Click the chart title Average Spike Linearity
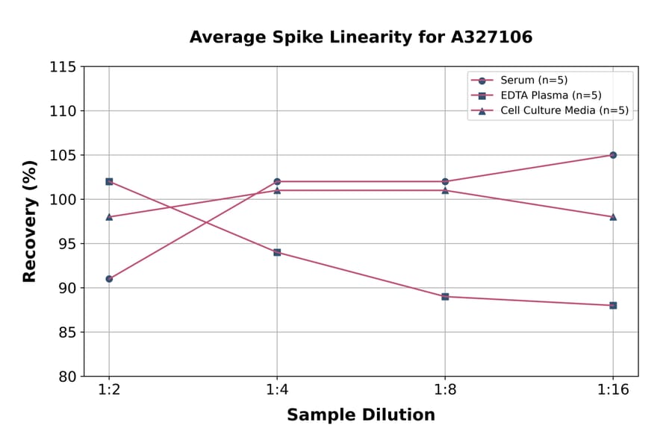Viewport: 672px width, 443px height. pyautogui.click(x=361, y=37)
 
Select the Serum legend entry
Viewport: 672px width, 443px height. pyautogui.click(x=529, y=81)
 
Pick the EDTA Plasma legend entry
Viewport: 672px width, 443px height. pyautogui.click(x=540, y=95)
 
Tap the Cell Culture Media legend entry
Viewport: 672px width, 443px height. pyautogui.click(x=553, y=111)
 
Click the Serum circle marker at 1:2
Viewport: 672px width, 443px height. pyautogui.click(x=109, y=279)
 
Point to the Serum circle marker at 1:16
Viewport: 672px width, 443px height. pyautogui.click(x=613, y=155)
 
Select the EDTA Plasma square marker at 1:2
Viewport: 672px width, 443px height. pyautogui.click(x=109, y=181)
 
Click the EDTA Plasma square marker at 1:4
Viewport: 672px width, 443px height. pyautogui.click(x=277, y=252)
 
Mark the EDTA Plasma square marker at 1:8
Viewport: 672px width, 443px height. pyautogui.click(x=445, y=297)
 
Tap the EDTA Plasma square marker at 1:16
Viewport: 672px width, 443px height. pyautogui.click(x=613, y=305)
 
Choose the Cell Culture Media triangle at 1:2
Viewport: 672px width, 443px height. pyautogui.click(x=109, y=217)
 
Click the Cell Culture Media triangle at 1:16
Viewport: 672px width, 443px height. pyautogui.click(x=613, y=217)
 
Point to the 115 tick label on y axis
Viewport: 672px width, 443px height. pyautogui.click(x=63, y=67)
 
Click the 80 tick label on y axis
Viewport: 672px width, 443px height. pyautogui.click(x=67, y=377)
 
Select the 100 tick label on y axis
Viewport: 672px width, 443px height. pyautogui.click(x=63, y=200)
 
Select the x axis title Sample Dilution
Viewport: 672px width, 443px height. pyautogui.click(x=361, y=415)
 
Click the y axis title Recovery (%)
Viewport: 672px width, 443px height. pyautogui.click(x=30, y=221)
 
